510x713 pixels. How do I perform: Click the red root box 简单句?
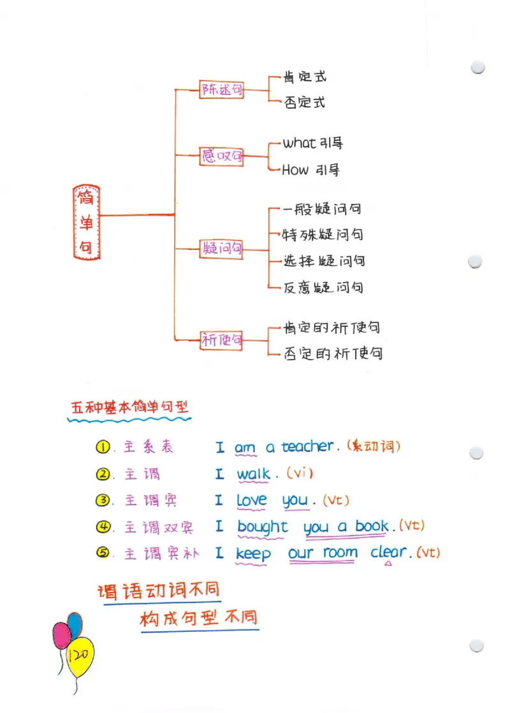tap(86, 223)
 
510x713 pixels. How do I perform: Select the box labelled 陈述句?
tap(222, 90)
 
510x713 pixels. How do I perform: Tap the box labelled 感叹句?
tap(222, 156)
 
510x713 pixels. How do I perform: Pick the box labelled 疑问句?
tap(221, 249)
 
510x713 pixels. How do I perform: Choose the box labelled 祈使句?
tap(221, 340)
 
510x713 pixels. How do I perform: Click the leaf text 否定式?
tap(305, 102)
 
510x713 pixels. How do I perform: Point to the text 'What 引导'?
tap(312, 143)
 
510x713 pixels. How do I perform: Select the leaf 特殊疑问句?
tap(323, 235)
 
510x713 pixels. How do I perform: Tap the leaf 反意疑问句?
tap(323, 288)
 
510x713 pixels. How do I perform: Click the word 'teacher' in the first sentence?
tap(307, 446)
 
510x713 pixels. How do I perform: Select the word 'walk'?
tap(253, 474)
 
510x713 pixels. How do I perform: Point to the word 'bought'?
tap(262, 527)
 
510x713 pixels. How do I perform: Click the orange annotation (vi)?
tap(300, 473)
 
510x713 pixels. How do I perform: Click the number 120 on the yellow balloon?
tap(80, 655)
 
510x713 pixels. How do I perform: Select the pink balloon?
tap(62, 635)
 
